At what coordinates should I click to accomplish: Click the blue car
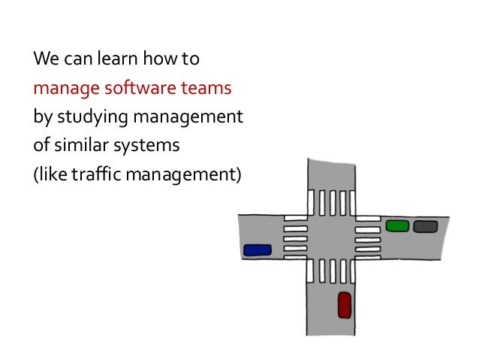point(258,250)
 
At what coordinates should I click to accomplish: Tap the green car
point(396,225)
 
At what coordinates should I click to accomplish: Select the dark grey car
point(425,225)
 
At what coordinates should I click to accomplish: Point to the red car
point(345,304)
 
